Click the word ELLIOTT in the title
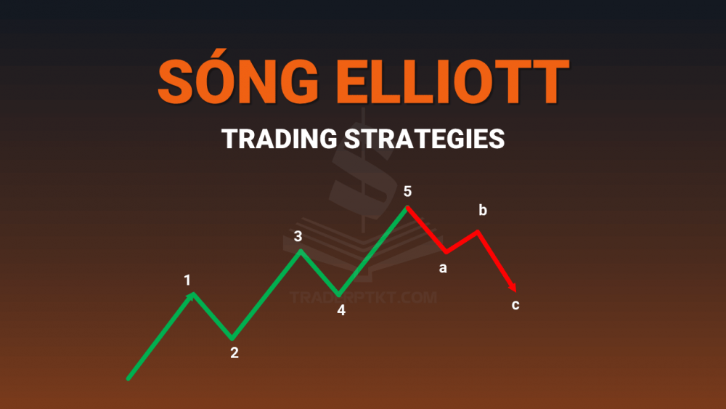[x=452, y=82]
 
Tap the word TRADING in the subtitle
[x=280, y=139]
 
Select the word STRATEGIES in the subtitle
[x=424, y=139]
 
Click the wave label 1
[x=187, y=280]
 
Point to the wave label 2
[x=234, y=352]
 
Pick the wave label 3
[x=298, y=236]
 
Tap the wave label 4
[x=341, y=310]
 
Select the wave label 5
[x=407, y=191]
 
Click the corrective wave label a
[x=443, y=268]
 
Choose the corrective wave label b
[x=483, y=210]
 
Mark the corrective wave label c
[x=515, y=305]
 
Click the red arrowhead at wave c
[x=513, y=287]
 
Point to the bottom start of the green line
[x=129, y=379]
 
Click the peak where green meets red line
[x=407, y=207]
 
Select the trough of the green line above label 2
[x=232, y=338]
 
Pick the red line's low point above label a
[x=446, y=252]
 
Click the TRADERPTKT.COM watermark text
[x=363, y=297]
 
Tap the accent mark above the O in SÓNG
[x=223, y=52]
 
